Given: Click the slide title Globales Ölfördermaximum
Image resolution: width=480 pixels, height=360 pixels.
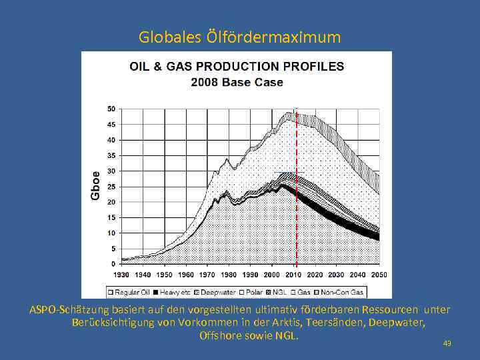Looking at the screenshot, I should pos(239,37).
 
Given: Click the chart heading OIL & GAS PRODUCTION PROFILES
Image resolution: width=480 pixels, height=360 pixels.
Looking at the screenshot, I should pos(237,67).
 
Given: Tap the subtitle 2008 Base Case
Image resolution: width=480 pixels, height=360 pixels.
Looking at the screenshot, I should pos(237,83).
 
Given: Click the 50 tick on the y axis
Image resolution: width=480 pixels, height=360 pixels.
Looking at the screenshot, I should pos(111,109).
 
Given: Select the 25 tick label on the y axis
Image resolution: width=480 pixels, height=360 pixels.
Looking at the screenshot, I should pos(111,187).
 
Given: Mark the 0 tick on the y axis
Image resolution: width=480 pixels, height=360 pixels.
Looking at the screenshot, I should pos(113,264).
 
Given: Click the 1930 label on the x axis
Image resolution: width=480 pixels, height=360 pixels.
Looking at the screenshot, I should pos(121,275).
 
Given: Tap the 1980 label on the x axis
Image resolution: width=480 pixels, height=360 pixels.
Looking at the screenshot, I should pos(229,275).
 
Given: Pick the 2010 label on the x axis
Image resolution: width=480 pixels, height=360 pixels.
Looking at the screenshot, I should pos(293,275).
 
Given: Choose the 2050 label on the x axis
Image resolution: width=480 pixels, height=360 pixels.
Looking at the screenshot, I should pos(379,275).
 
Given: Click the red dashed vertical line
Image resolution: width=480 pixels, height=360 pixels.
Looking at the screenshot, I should pos(296,200).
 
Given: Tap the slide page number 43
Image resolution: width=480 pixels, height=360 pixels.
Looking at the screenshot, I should pos(447,343).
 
